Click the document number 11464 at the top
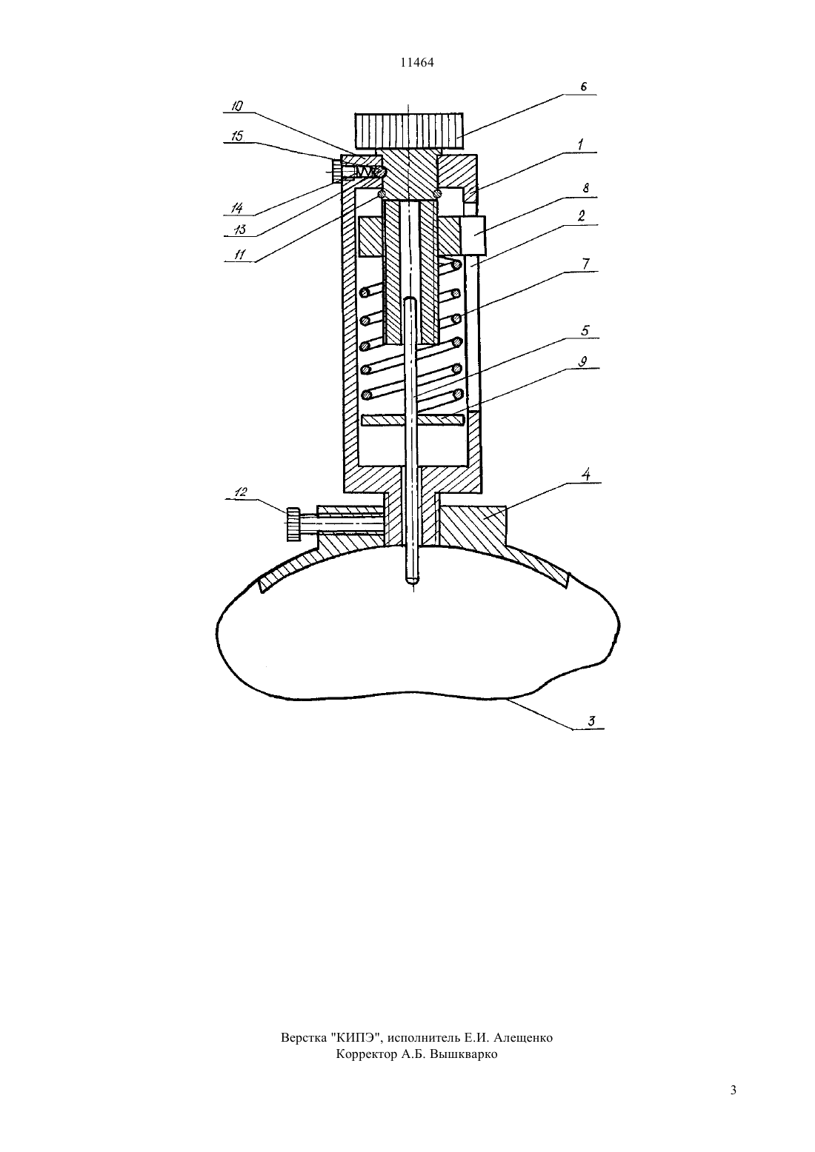(x=416, y=62)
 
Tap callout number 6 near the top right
(x=584, y=87)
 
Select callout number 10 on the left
(x=237, y=106)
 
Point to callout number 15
(x=237, y=135)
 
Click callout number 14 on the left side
(x=236, y=208)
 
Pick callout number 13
(x=240, y=230)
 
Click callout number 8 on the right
(x=585, y=188)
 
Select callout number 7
(x=585, y=264)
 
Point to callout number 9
(x=582, y=362)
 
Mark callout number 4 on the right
(x=585, y=474)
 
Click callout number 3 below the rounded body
(x=592, y=721)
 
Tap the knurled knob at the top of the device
(x=408, y=127)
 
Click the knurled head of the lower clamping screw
(x=293, y=524)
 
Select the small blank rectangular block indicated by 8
(x=473, y=235)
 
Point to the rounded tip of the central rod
(x=412, y=580)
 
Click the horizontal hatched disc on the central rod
(x=413, y=421)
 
